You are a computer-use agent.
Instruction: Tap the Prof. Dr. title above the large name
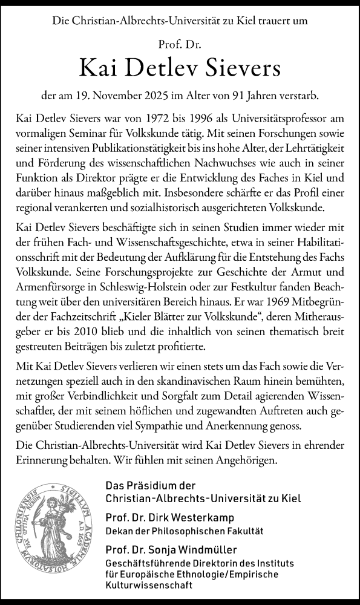180,44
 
